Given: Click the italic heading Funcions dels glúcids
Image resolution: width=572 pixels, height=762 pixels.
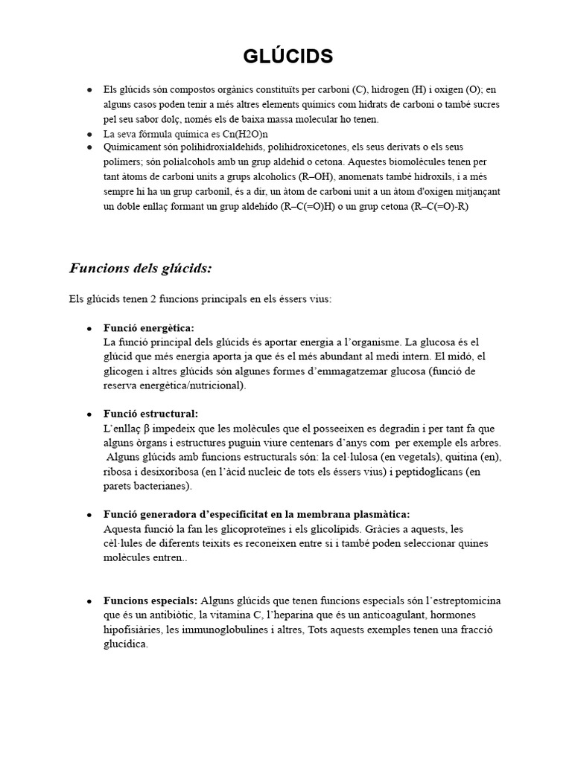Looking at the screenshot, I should (x=142, y=268).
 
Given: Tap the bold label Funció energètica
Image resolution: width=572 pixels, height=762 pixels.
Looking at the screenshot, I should (x=149, y=327).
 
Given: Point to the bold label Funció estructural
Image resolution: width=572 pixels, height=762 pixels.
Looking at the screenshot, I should (x=150, y=414).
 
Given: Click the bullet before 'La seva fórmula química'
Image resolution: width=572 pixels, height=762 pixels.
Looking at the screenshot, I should (x=89, y=134).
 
